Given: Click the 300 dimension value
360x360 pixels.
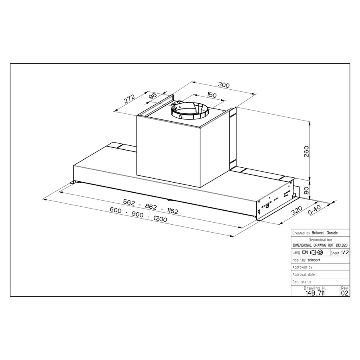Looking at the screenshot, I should (x=223, y=85).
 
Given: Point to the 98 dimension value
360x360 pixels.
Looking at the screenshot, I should (x=153, y=96).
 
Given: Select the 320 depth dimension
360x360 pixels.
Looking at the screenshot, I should (x=296, y=210).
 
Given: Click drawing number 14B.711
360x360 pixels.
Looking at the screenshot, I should (x=314, y=293).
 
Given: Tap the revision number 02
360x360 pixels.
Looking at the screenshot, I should (x=344, y=293).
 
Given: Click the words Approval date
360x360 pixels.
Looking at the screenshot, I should (x=304, y=275).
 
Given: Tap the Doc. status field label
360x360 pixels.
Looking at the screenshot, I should (x=302, y=282).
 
